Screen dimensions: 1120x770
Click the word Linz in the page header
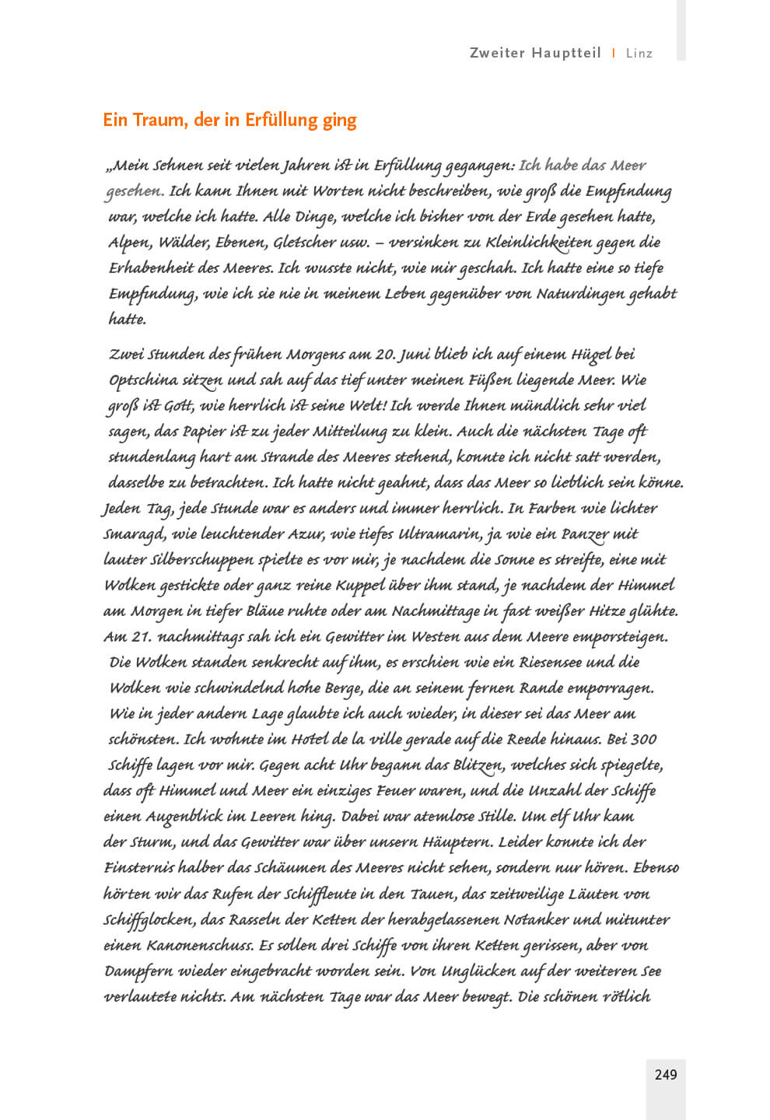click(x=639, y=54)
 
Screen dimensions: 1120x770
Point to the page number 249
click(x=666, y=1074)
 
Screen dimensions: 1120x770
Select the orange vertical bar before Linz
click(x=614, y=53)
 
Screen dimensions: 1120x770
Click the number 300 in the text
click(x=643, y=739)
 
